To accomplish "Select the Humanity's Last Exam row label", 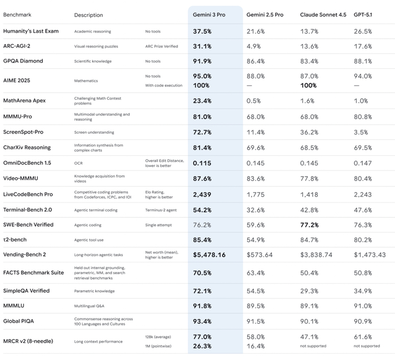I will coord(30,31).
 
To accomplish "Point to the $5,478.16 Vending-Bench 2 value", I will coord(209,255).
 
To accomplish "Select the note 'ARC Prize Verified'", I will coord(162,46).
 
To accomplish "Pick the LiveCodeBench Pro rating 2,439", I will coord(202,194).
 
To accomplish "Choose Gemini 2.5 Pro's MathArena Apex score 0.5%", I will coord(253,101).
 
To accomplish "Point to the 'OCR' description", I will coord(78,163).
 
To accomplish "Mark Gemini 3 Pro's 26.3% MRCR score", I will coord(202,346).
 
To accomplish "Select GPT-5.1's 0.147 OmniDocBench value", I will coord(362,163).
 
